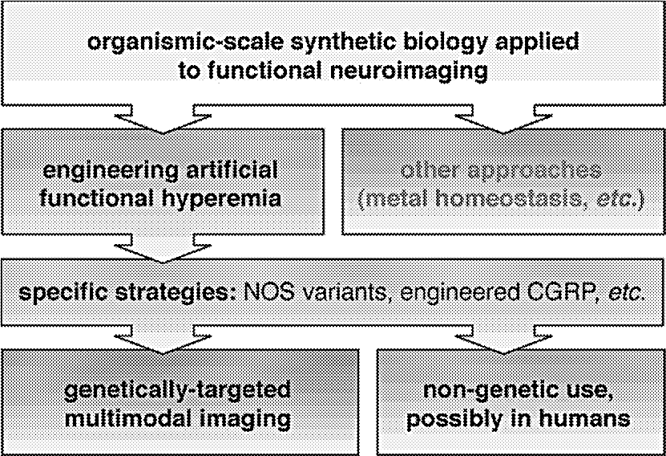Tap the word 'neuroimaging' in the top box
409,71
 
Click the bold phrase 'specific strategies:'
127,293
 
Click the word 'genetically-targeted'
178,391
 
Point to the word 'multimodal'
128,418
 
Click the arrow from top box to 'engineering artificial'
163,120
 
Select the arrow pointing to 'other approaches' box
503,120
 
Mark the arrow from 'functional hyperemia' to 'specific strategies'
163,248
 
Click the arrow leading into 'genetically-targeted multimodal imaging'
163,340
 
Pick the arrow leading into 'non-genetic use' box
503,340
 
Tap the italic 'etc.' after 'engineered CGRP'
627,293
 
